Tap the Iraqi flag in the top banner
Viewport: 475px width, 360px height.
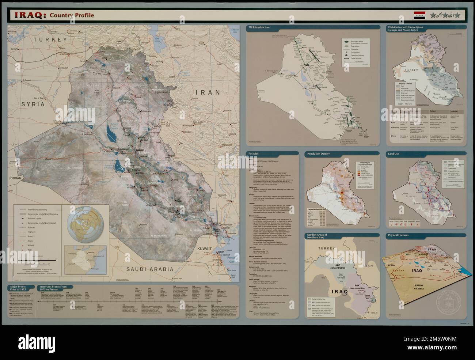click(x=419, y=15)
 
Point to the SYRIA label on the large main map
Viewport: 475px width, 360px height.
click(x=33, y=104)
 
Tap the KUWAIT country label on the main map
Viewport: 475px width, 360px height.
click(x=204, y=249)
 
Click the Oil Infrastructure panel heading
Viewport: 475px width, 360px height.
click(x=261, y=27)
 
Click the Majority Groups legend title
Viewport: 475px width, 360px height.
click(x=407, y=84)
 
